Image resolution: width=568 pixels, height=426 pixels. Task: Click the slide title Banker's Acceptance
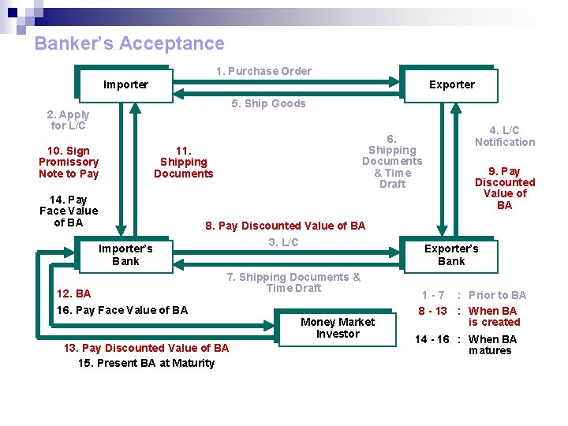click(x=129, y=44)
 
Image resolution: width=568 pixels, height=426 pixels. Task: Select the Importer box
click(x=125, y=84)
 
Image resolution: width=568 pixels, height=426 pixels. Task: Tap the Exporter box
click(x=451, y=84)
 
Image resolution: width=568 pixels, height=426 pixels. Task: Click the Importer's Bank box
click(x=125, y=255)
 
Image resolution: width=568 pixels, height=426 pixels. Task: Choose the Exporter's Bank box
click(x=451, y=255)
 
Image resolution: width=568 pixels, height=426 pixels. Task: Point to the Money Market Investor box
click(x=338, y=327)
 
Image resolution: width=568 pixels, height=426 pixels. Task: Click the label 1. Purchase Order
click(x=263, y=71)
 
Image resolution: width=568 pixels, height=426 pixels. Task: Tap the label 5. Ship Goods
click(x=268, y=103)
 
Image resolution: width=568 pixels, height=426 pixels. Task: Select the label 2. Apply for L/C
click(x=69, y=120)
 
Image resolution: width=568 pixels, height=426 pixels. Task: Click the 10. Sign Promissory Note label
click(x=69, y=162)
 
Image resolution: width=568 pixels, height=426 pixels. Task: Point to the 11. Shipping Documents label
click(x=184, y=162)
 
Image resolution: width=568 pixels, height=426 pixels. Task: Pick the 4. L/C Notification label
click(x=505, y=136)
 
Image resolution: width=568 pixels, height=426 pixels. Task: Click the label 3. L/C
click(x=283, y=242)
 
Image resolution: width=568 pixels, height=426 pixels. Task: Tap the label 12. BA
click(x=73, y=293)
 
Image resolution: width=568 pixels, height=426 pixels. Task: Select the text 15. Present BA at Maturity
click(x=146, y=363)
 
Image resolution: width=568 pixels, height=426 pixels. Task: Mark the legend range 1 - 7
click(x=433, y=295)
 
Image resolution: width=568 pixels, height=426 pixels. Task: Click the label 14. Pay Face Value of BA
click(x=69, y=211)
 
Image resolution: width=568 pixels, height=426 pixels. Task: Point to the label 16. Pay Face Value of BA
click(x=122, y=310)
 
